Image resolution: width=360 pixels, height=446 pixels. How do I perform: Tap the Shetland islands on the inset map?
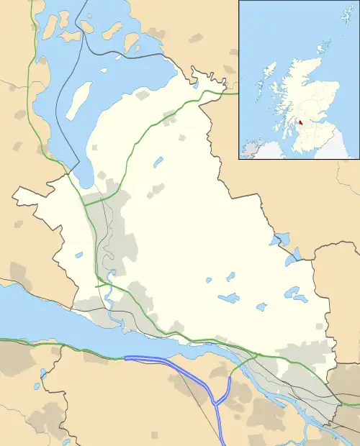click(x=343, y=16)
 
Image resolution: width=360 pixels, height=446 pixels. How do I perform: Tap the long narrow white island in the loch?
click(x=78, y=99)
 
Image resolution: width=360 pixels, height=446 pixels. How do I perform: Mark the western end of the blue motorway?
click(x=125, y=358)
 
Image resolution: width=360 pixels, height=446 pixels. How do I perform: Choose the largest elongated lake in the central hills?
click(x=229, y=298)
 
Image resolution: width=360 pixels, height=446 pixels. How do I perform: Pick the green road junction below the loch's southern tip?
click(x=85, y=204)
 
